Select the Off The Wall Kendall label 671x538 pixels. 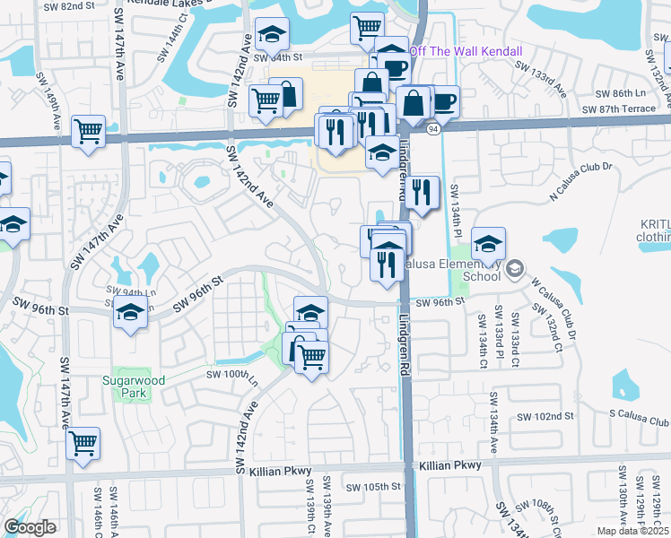click(466, 51)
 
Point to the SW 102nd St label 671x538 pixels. click(550, 417)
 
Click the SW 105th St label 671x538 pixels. click(374, 487)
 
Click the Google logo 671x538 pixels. click(30, 527)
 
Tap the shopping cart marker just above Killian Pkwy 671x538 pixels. click(83, 442)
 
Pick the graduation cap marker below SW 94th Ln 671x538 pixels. click(131, 313)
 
